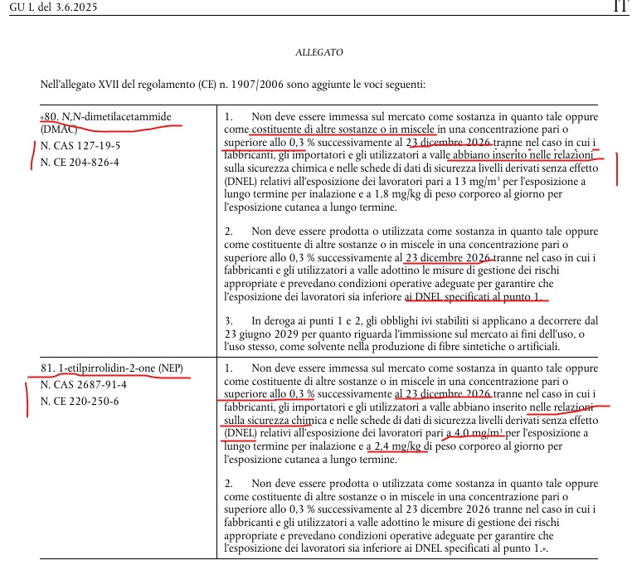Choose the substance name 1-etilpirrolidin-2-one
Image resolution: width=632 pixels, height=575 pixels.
click(x=114, y=368)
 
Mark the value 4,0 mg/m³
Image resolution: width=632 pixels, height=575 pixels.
click(x=477, y=433)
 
